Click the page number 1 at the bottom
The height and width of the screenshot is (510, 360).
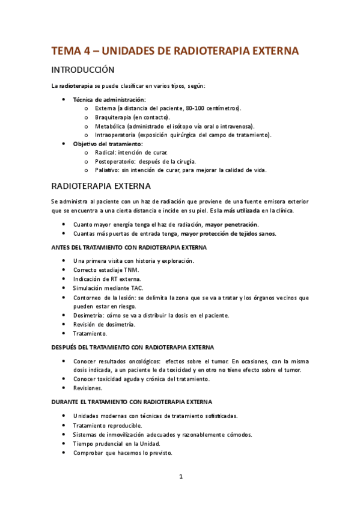tap(180, 477)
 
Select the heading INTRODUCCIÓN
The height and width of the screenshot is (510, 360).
tap(88, 70)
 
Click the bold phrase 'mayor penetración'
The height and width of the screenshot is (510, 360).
tap(231, 224)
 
